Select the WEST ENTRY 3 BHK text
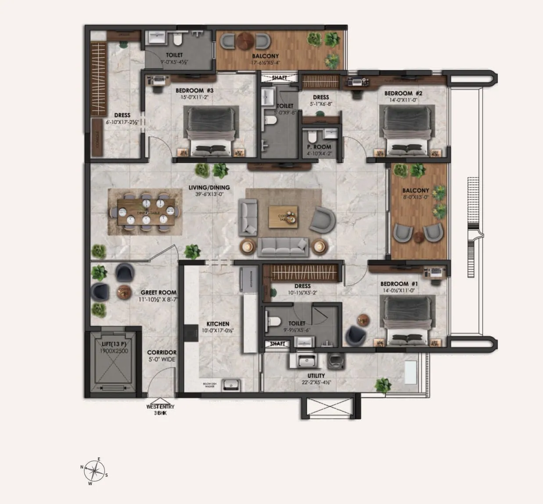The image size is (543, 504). point(160,410)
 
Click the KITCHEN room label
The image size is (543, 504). point(218,324)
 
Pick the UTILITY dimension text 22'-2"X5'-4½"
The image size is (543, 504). point(316,382)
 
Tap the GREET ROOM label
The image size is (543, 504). point(158,292)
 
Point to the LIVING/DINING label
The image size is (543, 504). point(209,188)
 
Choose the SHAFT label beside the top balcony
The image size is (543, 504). point(279,78)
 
